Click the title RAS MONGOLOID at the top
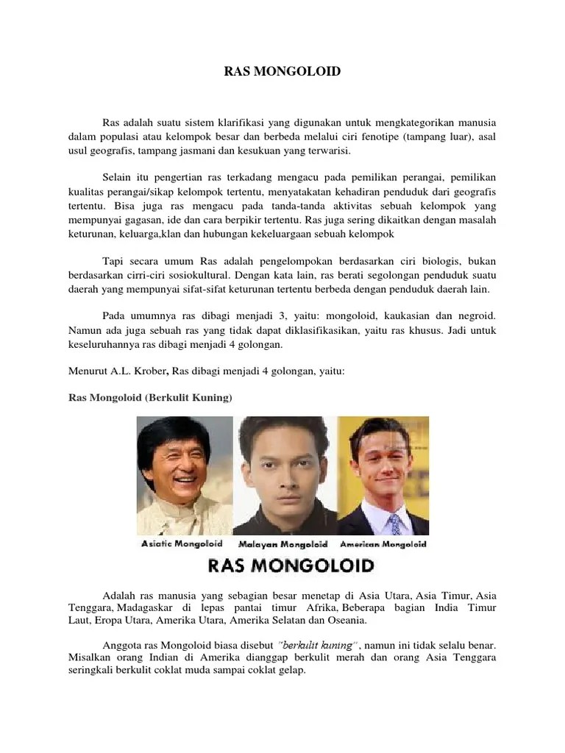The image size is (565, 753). coord(282,72)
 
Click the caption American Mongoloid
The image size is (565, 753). coord(383,545)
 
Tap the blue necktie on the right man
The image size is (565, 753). coord(395,523)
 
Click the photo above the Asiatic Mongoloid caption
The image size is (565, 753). coord(184,475)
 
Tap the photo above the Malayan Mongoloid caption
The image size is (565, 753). coord(285,475)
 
